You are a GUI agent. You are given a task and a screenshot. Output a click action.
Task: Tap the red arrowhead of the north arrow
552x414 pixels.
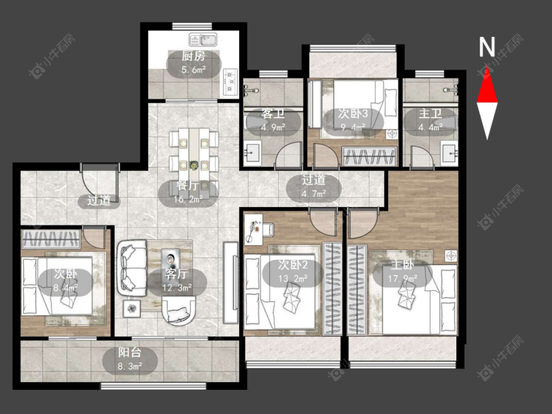coord(487,85)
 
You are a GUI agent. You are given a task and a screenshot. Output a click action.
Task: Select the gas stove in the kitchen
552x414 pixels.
coord(231,82)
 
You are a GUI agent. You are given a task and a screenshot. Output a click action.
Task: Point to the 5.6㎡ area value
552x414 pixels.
coord(193,69)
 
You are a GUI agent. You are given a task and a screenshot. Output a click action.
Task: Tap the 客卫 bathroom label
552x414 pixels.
coord(273,114)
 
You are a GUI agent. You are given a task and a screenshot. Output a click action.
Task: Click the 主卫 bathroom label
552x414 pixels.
coord(430,114)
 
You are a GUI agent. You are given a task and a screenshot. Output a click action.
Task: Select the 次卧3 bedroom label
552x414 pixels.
coord(353,113)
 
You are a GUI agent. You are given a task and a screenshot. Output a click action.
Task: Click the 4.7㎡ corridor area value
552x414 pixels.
coord(314,193)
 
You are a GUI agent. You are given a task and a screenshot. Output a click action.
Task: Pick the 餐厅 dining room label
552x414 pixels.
coord(187,185)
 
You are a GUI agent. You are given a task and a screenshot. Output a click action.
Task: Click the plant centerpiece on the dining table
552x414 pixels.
coord(194,164)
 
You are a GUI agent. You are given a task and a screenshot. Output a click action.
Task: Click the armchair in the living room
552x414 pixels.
coord(179,310)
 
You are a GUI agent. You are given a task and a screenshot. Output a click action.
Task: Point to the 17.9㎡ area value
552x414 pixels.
coord(402,279)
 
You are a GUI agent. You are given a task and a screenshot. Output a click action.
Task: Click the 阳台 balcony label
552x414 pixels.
coord(130,353)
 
